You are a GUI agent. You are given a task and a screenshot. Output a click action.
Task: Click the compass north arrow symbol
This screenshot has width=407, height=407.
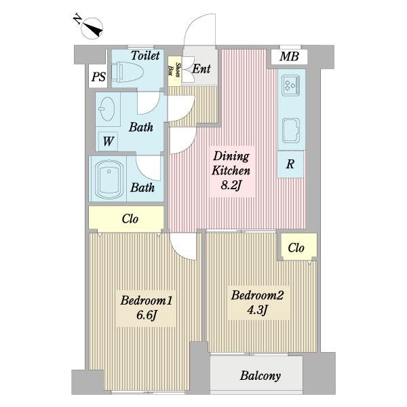coord(92,28)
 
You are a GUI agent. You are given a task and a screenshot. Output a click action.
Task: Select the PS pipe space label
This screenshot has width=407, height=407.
coord(99,77)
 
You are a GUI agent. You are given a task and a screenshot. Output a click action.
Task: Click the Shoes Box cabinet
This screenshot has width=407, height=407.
coord(174,71)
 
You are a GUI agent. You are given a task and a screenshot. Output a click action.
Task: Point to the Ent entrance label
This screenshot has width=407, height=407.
coord(201,69)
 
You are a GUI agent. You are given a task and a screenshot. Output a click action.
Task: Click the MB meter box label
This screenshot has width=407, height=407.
coord(289,56)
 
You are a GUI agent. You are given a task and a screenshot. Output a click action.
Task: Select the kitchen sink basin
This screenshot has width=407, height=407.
coord(291,130)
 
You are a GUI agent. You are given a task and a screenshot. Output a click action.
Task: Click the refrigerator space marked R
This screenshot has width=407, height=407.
coord(290,164)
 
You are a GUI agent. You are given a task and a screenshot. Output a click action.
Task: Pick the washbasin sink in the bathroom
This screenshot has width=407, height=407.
coord(107,109)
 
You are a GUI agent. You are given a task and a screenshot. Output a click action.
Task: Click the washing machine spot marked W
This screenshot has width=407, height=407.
coord(108,142)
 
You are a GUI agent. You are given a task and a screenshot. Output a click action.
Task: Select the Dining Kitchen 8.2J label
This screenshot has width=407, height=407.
coord(231,171)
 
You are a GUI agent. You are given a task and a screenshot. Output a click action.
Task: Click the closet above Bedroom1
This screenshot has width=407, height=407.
coord(126,218)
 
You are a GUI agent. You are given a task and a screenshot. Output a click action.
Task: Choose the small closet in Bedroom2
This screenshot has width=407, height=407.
coord(299,246)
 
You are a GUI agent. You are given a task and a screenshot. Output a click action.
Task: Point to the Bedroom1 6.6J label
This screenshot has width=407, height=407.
coord(146,308)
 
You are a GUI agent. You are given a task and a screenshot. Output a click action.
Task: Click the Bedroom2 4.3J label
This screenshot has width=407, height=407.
coord(257,302)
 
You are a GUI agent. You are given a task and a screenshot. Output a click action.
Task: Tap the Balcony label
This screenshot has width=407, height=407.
coord(260,376)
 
